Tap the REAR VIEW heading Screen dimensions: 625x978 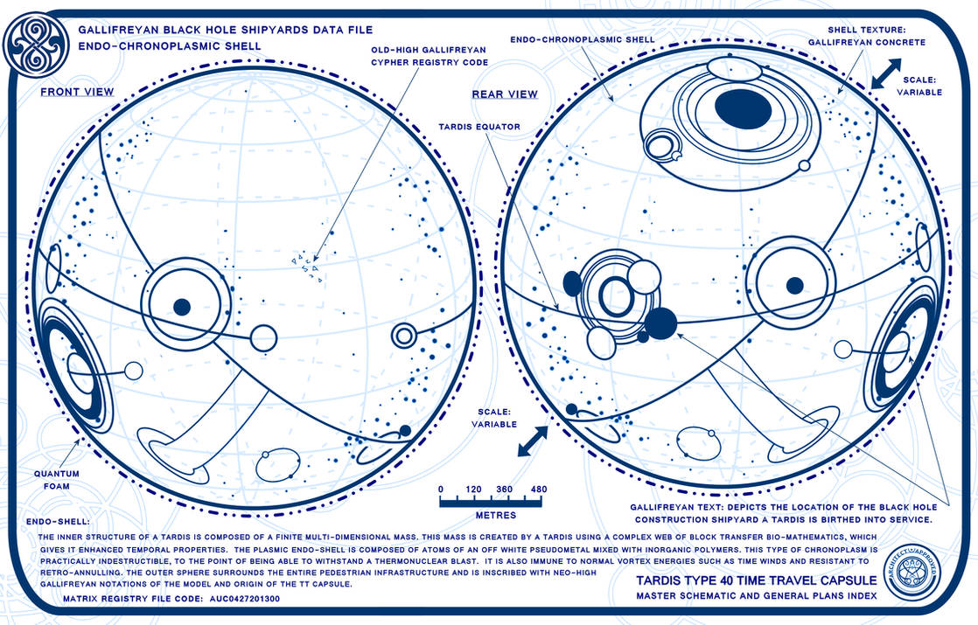point(505,94)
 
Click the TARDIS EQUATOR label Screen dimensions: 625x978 point(479,127)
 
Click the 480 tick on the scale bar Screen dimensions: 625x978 point(538,489)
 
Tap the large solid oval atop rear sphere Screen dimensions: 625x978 point(743,108)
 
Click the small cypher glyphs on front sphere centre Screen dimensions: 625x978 point(307,267)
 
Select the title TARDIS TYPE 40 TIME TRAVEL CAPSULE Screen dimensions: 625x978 point(751,580)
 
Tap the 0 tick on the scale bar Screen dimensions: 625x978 point(441,489)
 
